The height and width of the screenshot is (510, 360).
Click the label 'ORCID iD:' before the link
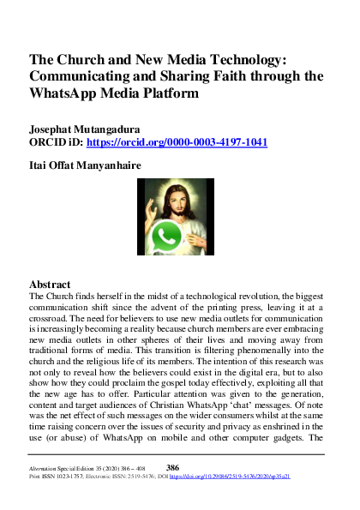click(x=57, y=142)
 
